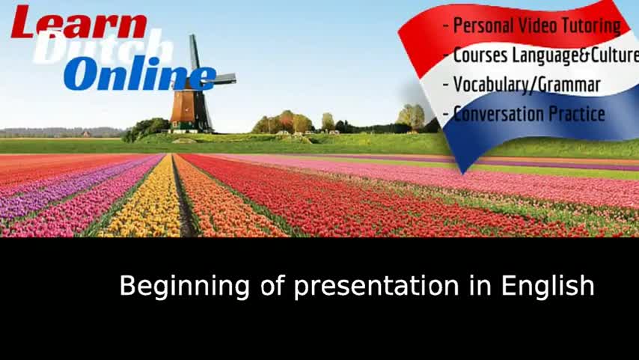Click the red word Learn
point(79,22)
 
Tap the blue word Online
point(140,73)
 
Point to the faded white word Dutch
point(103,47)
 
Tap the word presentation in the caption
point(376,287)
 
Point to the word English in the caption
point(548,286)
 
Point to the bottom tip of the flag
point(462,174)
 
